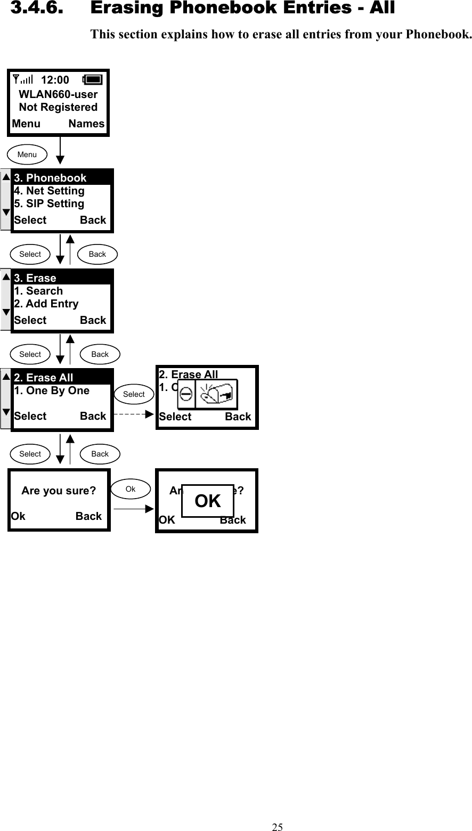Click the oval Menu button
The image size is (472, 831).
[x=27, y=154]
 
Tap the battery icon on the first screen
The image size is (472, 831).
[x=93, y=80]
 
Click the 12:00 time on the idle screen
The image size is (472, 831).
[x=55, y=80]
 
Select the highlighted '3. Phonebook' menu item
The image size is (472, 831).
[x=50, y=178]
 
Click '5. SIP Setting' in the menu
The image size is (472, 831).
[x=49, y=203]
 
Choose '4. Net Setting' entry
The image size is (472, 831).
[x=49, y=191]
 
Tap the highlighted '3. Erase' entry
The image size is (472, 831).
[x=35, y=278]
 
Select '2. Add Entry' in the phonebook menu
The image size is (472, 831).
[x=46, y=304]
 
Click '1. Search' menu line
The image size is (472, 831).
[x=38, y=291]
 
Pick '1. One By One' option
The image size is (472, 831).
[x=52, y=390]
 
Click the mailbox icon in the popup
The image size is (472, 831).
[x=217, y=395]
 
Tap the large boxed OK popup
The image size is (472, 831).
[x=208, y=501]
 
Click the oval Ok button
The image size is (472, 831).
[x=131, y=489]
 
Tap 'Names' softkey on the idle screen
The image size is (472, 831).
[x=86, y=124]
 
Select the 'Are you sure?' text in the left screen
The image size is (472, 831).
[x=59, y=491]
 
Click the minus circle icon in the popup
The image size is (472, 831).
[x=186, y=395]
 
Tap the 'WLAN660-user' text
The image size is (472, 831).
[x=58, y=94]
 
